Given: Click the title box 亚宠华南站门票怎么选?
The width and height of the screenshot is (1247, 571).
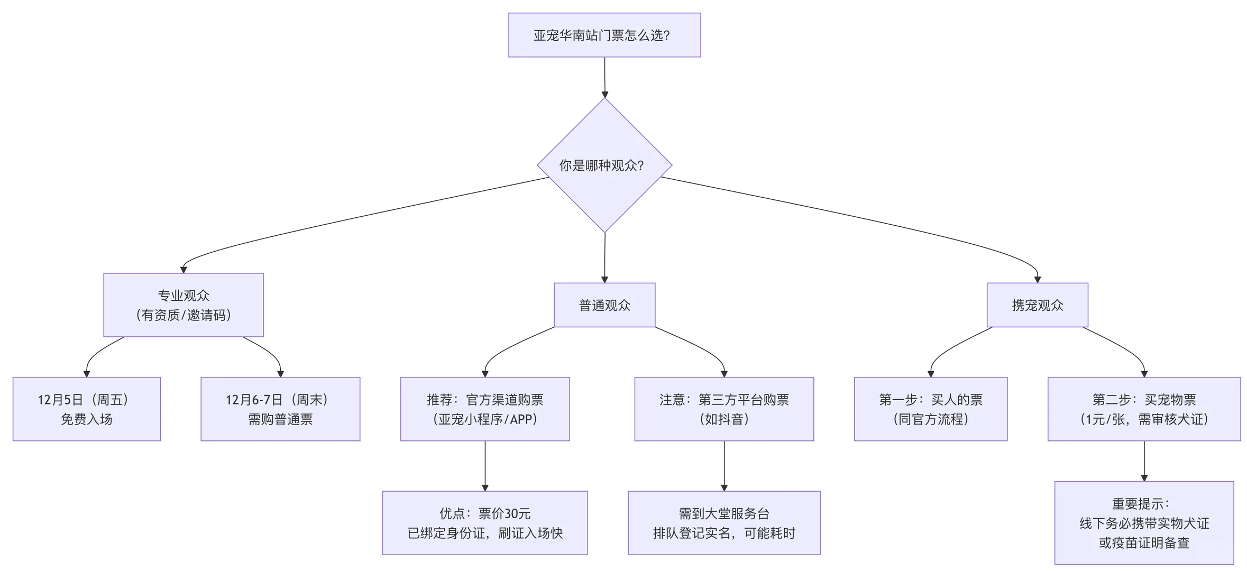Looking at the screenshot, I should [604, 35].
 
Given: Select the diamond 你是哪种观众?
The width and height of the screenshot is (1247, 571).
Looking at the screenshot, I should [604, 165].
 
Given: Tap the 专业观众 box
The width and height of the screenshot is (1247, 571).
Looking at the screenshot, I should [183, 305].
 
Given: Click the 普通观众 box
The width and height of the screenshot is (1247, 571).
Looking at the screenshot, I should [604, 305].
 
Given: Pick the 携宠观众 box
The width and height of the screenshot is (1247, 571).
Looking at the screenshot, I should [1037, 305].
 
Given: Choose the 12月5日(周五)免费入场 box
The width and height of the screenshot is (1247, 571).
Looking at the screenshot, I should [86, 409].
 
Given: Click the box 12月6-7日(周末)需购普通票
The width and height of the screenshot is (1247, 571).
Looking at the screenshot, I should [280, 409].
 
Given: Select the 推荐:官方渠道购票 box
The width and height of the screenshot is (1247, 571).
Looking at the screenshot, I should [484, 409].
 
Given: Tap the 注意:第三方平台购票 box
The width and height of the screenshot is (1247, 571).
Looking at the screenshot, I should [723, 409].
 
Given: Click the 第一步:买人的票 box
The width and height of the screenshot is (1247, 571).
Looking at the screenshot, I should [930, 409].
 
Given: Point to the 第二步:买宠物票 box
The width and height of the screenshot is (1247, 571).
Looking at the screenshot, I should [1143, 409].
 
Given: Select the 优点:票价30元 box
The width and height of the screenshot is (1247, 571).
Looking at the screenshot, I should [484, 522].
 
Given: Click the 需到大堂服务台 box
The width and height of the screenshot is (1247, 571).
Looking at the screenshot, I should [723, 522].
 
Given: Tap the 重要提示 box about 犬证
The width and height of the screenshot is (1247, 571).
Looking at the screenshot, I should [1143, 522].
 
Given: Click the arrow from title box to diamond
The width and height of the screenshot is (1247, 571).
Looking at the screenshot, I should [604, 77].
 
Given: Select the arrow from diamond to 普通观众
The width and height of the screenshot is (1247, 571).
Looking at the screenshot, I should [604, 257].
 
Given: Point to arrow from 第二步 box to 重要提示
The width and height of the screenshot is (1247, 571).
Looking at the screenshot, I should [1144, 461].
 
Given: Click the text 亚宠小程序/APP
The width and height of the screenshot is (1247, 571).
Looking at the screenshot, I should [484, 419].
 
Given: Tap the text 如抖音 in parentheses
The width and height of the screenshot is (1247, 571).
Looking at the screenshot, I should [723, 419].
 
